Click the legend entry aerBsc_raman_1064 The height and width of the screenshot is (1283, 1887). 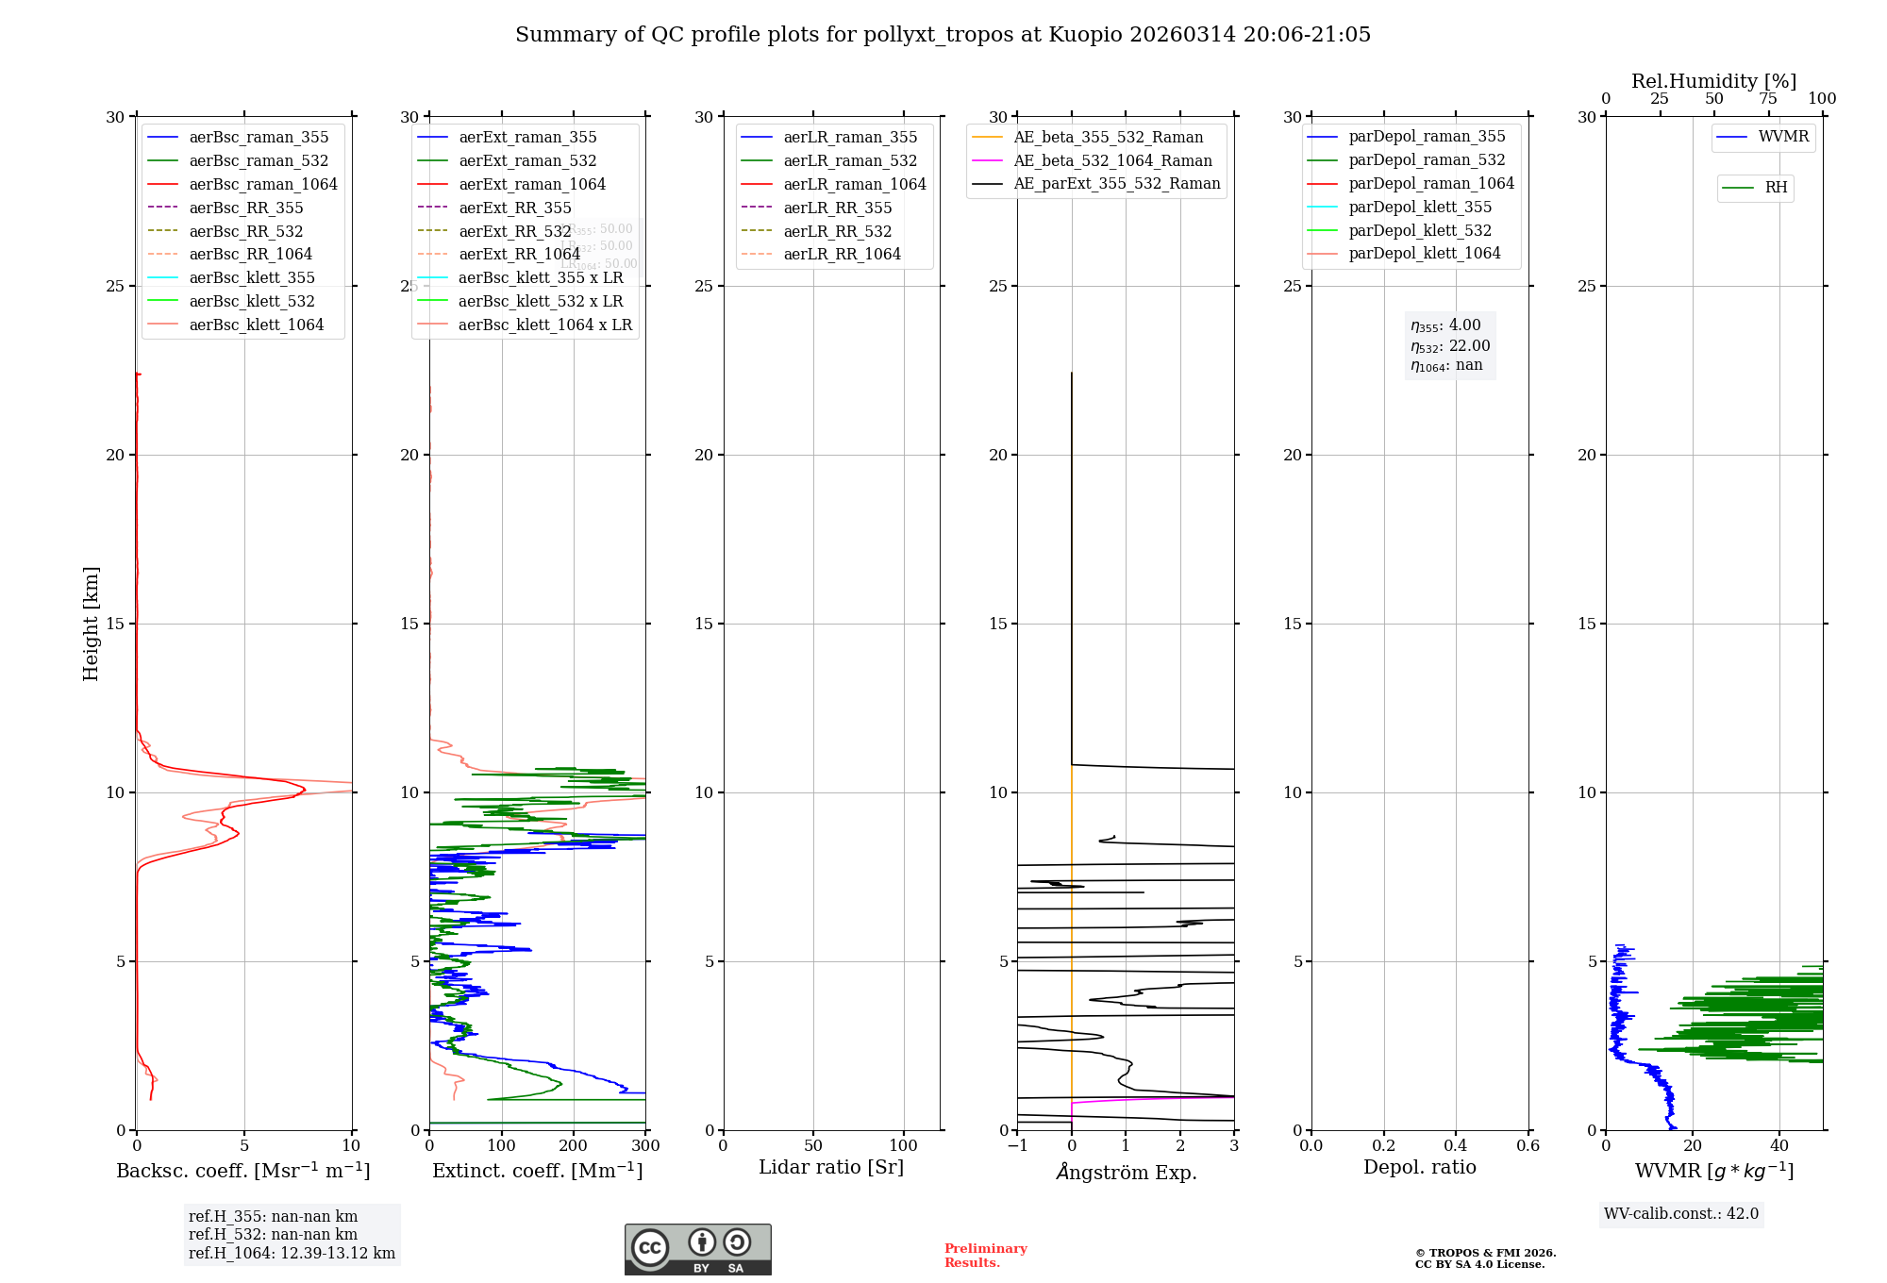click(262, 184)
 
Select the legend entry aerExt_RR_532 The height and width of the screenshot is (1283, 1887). click(514, 231)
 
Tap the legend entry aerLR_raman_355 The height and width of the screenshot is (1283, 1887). click(849, 138)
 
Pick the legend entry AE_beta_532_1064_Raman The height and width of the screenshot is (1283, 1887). click(1112, 160)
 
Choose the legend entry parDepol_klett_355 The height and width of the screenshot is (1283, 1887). click(1419, 207)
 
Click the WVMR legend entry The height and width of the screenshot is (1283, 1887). click(1783, 137)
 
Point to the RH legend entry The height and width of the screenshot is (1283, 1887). click(1776, 188)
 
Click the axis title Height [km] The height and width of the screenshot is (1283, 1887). click(91, 624)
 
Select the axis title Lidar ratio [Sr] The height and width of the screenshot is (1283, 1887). click(831, 1167)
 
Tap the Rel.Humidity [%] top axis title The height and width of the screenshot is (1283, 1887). click(1713, 81)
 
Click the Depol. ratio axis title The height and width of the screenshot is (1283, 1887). click(1419, 1167)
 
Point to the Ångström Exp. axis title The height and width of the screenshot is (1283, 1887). click(1126, 1172)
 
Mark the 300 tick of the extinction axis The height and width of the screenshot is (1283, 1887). click(645, 1146)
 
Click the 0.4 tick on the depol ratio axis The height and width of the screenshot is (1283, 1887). click(1456, 1146)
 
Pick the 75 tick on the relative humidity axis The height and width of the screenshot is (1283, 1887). click(1767, 99)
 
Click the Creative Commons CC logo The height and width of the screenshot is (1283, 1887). click(650, 1247)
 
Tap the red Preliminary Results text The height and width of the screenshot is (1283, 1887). click(985, 1256)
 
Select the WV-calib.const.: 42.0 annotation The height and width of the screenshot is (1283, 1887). click(1681, 1214)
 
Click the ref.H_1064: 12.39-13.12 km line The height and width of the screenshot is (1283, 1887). click(292, 1254)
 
